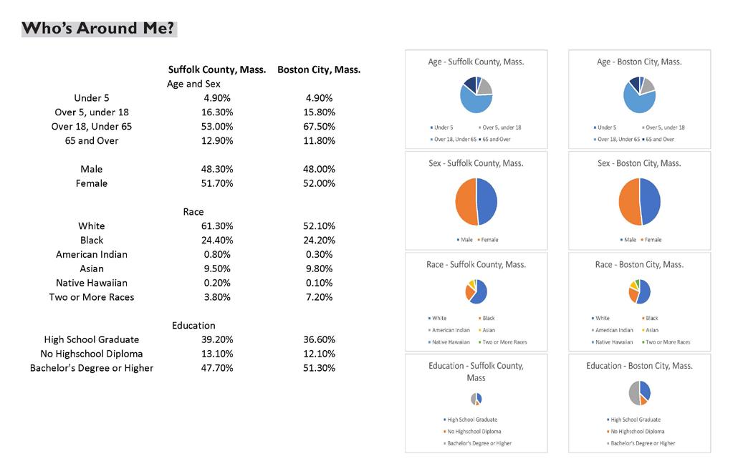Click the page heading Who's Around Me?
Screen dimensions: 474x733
point(99,29)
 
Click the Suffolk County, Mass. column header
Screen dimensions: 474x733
point(217,70)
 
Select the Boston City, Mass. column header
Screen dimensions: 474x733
point(319,70)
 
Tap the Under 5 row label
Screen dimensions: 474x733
point(92,98)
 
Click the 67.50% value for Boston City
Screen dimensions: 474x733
point(319,127)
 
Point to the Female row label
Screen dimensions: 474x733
point(92,183)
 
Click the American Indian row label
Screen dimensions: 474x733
point(92,254)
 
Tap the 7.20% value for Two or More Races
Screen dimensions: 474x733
point(319,297)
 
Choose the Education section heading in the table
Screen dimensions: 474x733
point(193,326)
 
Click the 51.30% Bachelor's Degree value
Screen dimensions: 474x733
point(319,368)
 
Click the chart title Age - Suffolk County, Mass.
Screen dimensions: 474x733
point(476,62)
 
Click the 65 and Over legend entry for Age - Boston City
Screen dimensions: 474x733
point(661,139)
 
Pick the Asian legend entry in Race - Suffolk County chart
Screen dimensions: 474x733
point(487,330)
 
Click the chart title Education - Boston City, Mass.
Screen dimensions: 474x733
point(639,366)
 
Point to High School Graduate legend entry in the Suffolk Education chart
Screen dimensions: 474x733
point(471,420)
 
